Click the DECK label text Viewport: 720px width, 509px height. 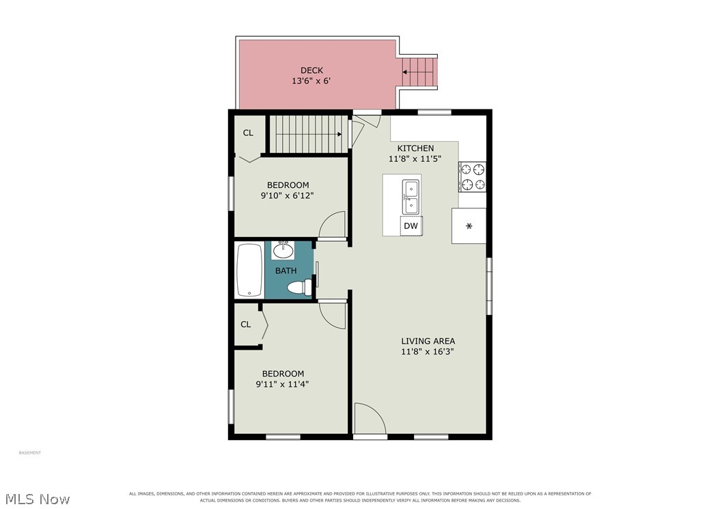[311, 70]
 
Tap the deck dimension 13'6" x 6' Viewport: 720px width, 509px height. [311, 81]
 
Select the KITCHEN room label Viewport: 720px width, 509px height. [415, 148]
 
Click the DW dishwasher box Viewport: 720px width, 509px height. [411, 226]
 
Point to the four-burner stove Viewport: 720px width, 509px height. [472, 177]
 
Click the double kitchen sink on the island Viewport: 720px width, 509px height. [411, 197]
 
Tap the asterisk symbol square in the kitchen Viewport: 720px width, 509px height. [469, 225]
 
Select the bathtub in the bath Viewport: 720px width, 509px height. [249, 271]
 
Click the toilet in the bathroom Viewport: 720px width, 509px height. [300, 288]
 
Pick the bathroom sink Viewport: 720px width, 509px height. [283, 250]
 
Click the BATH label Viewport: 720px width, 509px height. [286, 271]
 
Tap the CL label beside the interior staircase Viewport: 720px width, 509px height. [248, 133]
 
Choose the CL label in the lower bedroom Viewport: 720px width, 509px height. [246, 325]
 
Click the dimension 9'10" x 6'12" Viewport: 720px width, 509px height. [288, 195]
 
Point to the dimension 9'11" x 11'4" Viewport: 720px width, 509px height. [282, 384]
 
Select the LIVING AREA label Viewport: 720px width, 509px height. [428, 342]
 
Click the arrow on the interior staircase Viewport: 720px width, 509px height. [309, 134]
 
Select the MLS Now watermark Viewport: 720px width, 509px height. [38, 499]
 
